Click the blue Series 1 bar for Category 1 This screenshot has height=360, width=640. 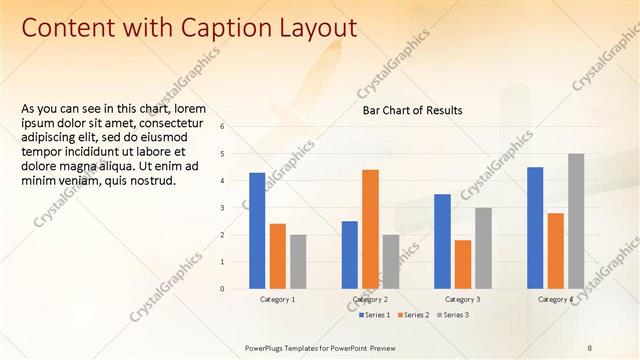(x=257, y=231)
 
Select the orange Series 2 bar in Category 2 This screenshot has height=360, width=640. (x=370, y=229)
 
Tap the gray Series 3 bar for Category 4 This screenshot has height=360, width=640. (x=576, y=221)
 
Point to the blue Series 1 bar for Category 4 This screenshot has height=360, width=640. (x=535, y=228)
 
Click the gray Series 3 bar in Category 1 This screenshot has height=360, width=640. (x=298, y=262)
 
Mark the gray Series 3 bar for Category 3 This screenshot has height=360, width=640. (x=483, y=248)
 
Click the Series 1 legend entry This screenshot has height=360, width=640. (x=374, y=315)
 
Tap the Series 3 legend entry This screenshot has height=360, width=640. (x=453, y=315)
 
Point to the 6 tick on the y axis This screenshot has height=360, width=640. (x=237, y=126)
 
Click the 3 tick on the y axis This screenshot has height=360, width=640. (x=237, y=208)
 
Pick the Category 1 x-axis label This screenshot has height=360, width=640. (x=278, y=299)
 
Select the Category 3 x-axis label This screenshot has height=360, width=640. (x=463, y=299)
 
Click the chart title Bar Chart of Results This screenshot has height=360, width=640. (x=412, y=110)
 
